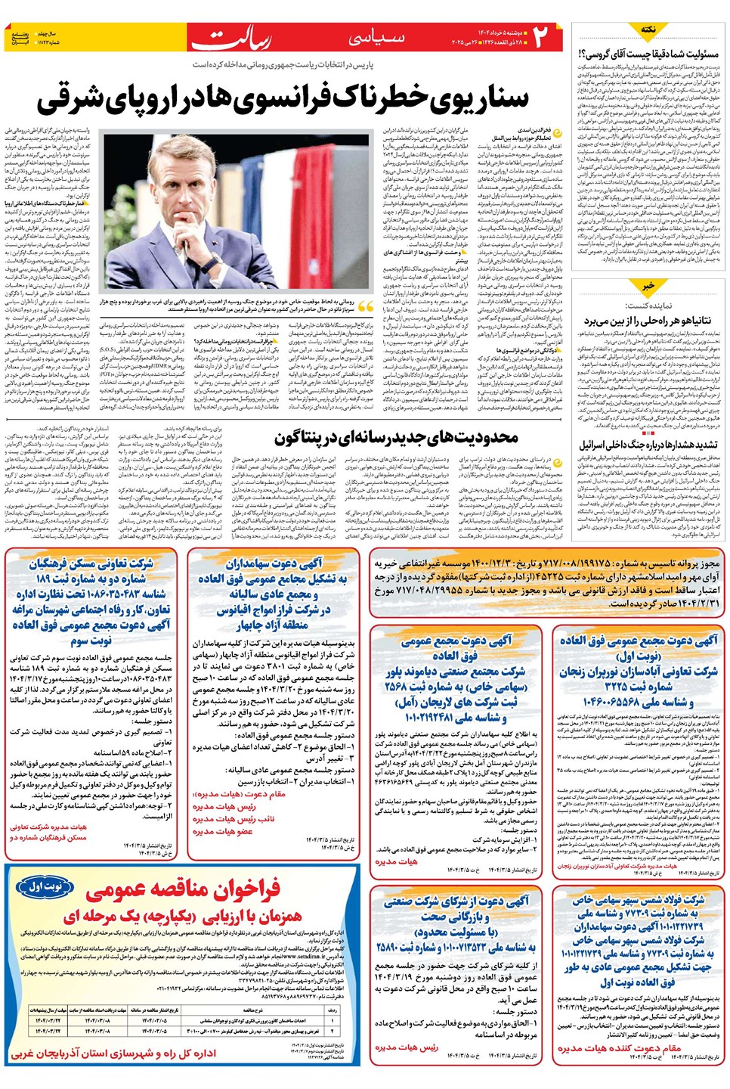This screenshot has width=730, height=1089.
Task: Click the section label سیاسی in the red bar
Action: point(376,38)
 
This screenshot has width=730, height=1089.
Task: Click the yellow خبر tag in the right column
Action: point(648,287)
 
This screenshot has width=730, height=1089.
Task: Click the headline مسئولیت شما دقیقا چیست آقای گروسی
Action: point(648,54)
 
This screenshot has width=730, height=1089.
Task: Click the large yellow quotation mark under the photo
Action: point(365,306)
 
